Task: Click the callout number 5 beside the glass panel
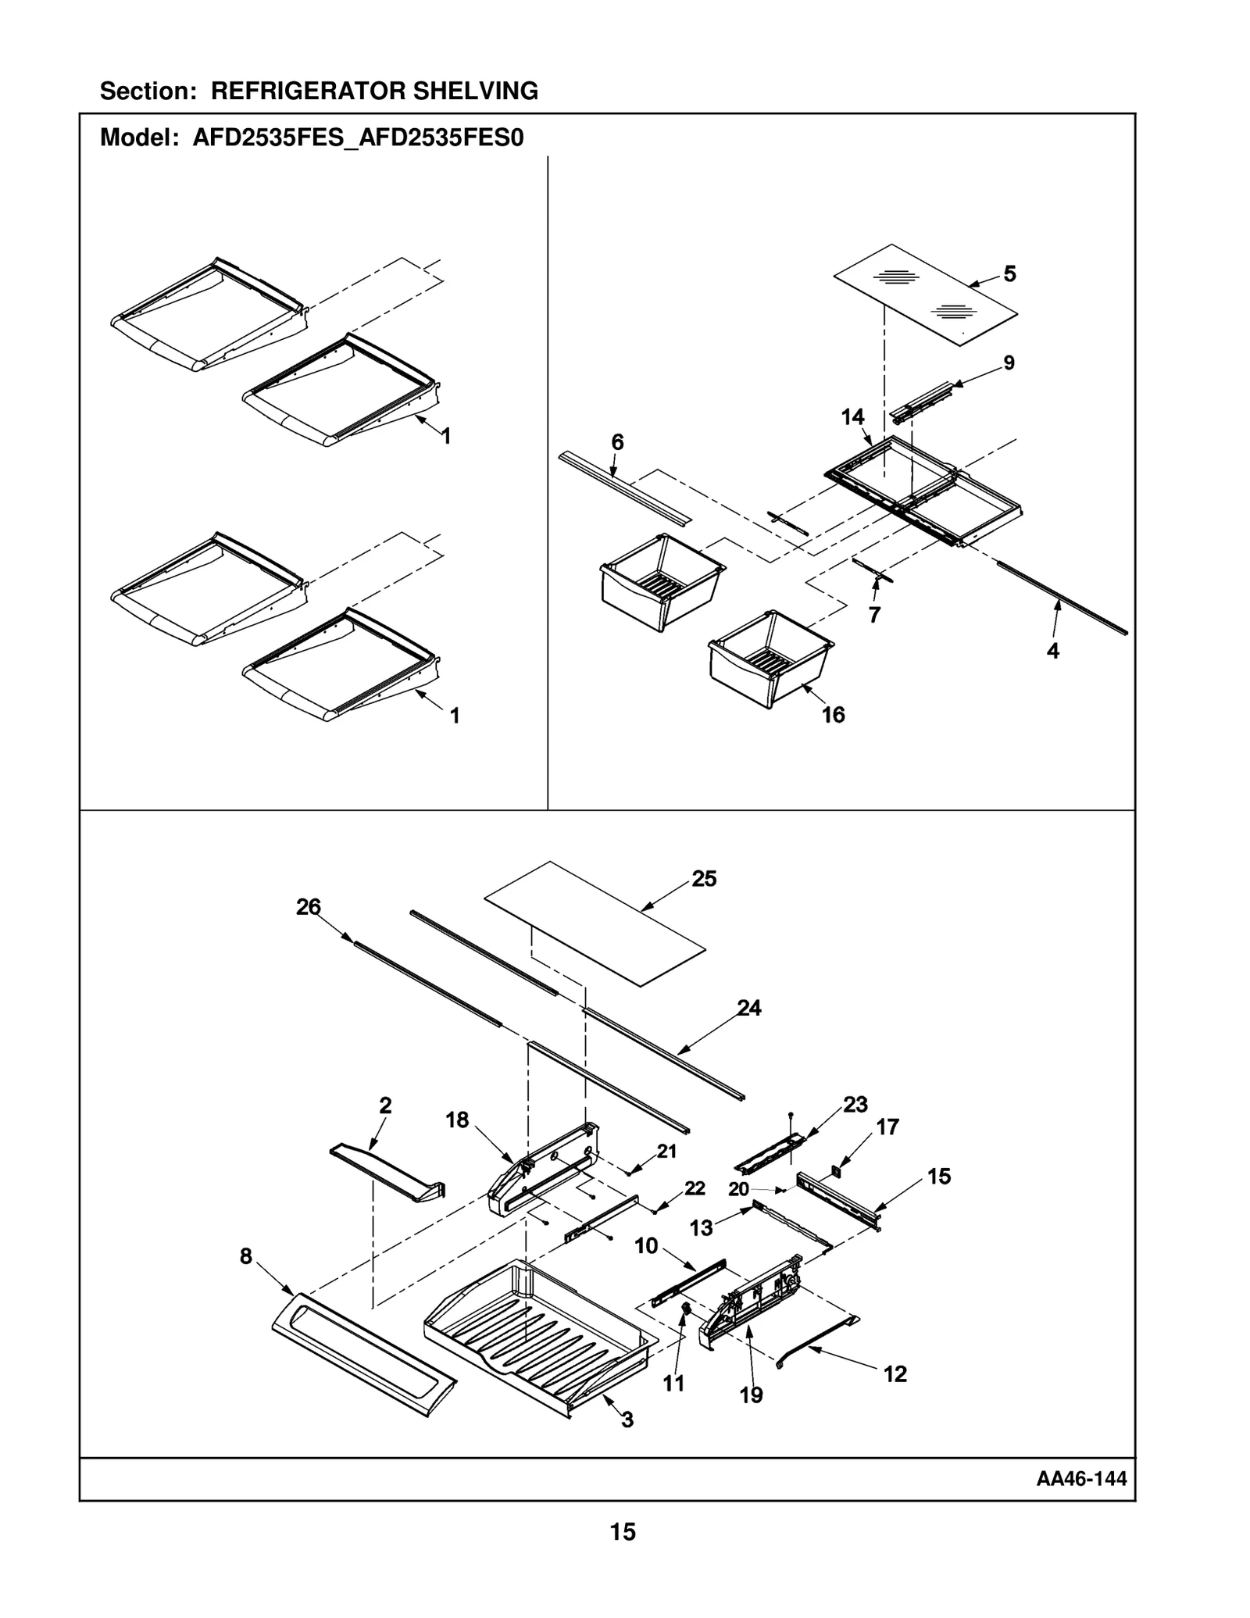[1009, 274]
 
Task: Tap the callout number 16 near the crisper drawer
[833, 715]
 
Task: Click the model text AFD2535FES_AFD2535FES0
[358, 138]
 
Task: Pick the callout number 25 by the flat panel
[704, 879]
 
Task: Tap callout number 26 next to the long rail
[308, 906]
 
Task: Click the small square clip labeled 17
[836, 1170]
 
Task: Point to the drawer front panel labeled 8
[364, 1363]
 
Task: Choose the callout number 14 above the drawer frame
[852, 417]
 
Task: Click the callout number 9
[1009, 363]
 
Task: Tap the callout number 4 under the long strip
[1052, 651]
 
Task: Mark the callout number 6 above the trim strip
[617, 442]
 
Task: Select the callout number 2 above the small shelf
[385, 1105]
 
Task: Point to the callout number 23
[855, 1105]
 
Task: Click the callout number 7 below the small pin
[874, 615]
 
